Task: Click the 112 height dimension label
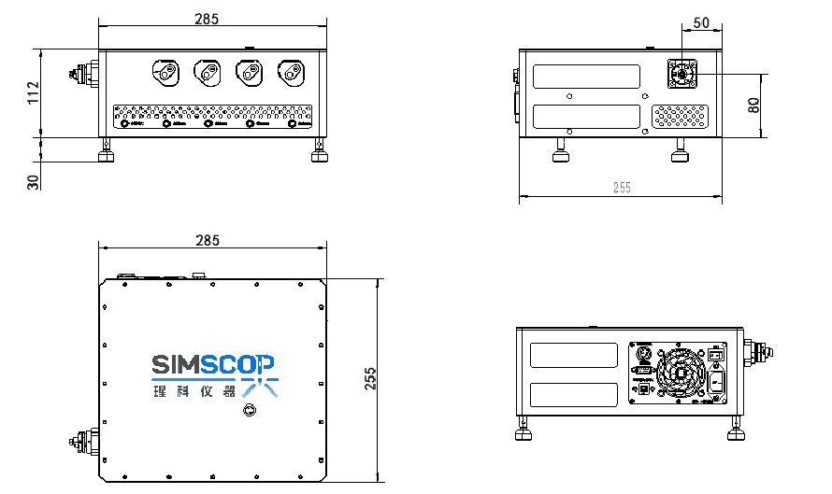[x=33, y=92]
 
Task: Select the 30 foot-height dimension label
[x=33, y=181]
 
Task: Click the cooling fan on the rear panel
[x=680, y=376]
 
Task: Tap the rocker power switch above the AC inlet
[x=716, y=353]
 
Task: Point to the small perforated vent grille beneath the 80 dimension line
[x=680, y=116]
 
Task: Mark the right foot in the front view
[x=320, y=150]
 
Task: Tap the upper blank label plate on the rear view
[x=574, y=355]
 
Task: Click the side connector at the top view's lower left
[x=84, y=441]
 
